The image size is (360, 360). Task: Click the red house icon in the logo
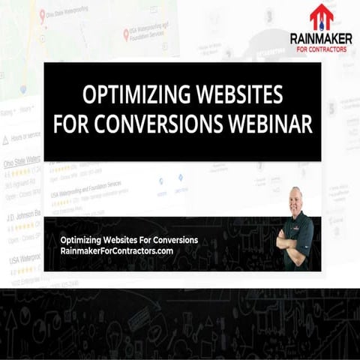321,16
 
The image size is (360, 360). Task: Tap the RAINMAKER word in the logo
320,38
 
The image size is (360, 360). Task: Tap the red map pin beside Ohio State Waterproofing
42,11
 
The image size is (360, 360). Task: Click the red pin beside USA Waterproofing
125,34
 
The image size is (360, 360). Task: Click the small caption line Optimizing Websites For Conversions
129,240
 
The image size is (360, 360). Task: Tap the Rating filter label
9,112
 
